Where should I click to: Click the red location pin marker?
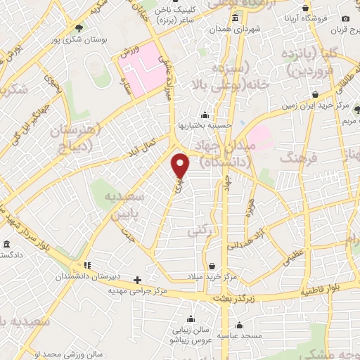click(181, 165)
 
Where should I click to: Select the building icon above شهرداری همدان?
click(235, 18)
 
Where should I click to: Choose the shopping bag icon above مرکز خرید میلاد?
click(212, 267)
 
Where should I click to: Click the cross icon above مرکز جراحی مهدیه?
click(138, 279)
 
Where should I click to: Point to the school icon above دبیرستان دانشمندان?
click(87, 266)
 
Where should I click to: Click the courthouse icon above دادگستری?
click(6, 244)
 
